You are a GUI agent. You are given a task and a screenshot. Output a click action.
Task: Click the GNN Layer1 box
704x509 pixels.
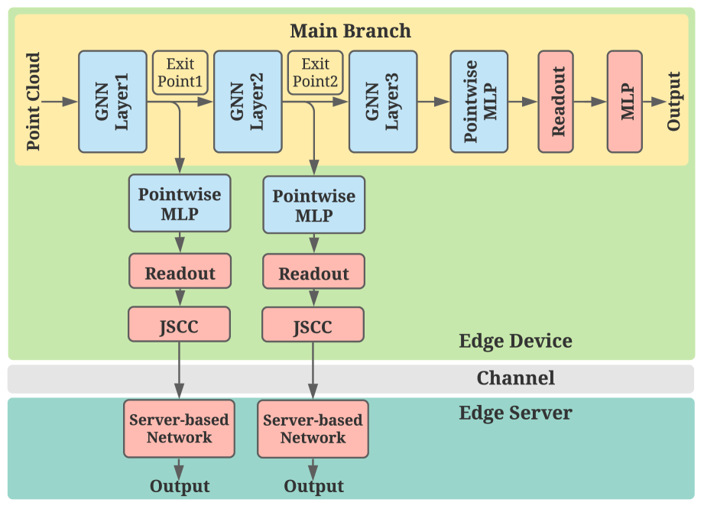[112, 102]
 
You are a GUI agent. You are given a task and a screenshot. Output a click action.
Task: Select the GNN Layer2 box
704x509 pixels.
[248, 102]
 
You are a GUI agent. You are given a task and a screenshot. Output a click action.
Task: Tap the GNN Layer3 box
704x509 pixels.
[383, 102]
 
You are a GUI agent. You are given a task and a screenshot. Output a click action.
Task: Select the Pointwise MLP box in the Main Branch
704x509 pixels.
[479, 102]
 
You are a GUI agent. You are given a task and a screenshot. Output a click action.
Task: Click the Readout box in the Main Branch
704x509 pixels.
[556, 102]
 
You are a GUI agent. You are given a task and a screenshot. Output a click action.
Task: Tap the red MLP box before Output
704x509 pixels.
[625, 102]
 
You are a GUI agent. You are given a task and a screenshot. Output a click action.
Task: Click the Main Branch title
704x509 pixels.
[350, 31]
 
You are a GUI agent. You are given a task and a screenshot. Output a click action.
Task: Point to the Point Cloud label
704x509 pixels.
[34, 102]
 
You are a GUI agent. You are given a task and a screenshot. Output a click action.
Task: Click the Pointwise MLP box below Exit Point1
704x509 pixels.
[180, 203]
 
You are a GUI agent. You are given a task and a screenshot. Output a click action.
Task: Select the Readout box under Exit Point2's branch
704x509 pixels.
[313, 274]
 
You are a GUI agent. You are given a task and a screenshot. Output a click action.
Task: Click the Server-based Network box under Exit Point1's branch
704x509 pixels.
[179, 428]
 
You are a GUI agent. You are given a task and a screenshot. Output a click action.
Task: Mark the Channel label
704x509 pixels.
[515, 378]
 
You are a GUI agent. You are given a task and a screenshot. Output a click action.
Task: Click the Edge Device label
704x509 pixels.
[515, 341]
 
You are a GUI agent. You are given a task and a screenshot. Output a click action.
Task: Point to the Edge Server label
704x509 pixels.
[515, 413]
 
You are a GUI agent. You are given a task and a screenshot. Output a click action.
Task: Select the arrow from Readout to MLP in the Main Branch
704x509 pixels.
[590, 102]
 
